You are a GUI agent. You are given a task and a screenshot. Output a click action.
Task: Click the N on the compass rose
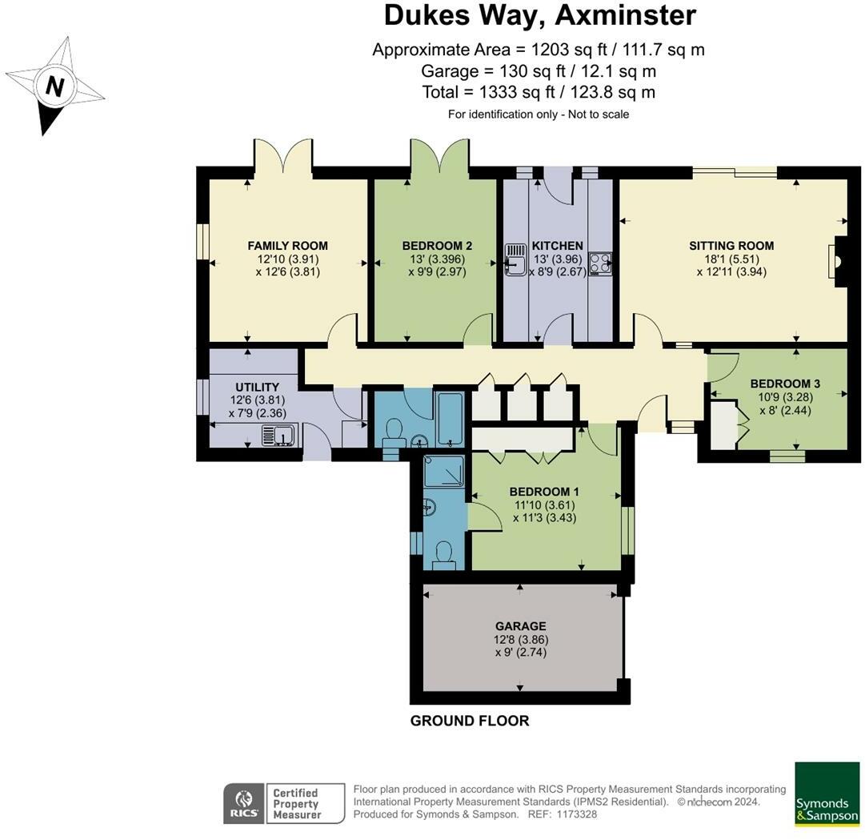(x=54, y=86)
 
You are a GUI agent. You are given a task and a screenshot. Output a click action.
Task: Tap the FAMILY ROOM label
(x=287, y=246)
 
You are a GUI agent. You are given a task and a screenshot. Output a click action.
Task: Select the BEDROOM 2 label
(x=437, y=246)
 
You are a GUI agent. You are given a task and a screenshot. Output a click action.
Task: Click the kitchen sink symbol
(x=516, y=260)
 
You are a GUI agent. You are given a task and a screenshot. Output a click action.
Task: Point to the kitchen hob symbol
(x=599, y=263)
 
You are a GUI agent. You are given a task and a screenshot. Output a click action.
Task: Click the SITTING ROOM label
(x=731, y=246)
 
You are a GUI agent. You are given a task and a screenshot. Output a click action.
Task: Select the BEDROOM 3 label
(x=785, y=384)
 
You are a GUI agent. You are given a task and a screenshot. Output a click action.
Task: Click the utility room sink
(x=280, y=434)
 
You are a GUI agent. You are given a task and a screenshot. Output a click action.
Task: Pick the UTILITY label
(x=257, y=387)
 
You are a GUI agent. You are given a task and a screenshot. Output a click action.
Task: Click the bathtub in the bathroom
(x=451, y=420)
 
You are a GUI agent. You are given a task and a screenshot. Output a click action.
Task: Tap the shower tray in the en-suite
(x=444, y=471)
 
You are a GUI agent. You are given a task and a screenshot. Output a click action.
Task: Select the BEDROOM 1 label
(x=544, y=492)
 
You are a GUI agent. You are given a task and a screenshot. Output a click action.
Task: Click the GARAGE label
(x=521, y=626)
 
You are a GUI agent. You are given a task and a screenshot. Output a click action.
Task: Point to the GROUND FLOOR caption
(x=470, y=721)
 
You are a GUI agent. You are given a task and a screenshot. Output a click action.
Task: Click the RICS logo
(x=244, y=804)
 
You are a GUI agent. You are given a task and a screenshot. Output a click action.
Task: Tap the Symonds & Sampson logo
(x=827, y=794)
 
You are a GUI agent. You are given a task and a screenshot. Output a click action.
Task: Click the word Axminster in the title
(x=626, y=15)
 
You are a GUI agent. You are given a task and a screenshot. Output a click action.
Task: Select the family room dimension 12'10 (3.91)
(x=288, y=259)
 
